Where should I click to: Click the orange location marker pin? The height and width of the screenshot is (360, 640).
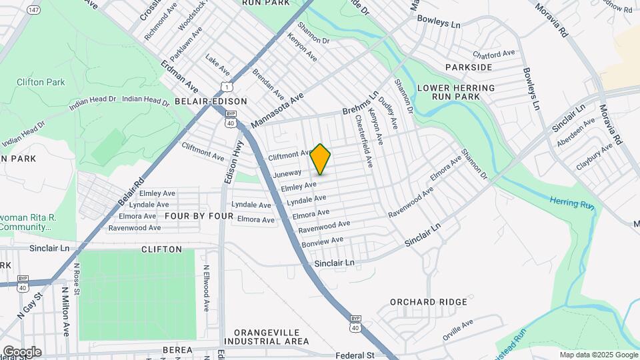321,159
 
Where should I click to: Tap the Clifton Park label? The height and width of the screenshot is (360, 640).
41,82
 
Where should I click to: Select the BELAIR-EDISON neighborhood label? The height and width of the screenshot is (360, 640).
211,101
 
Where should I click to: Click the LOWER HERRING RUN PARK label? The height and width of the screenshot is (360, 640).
456,92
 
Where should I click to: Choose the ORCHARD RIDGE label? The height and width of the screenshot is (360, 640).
429,302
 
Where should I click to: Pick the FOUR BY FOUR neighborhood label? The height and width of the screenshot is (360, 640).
199,217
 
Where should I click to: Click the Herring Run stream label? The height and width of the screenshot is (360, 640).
572,203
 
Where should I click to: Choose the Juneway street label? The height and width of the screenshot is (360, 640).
287,174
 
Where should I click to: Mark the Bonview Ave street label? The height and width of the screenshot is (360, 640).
323,241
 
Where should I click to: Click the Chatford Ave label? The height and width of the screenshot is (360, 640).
494,53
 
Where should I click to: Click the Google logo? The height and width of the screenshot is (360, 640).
22,351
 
